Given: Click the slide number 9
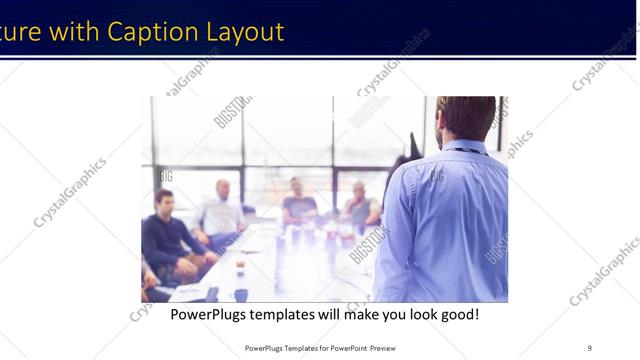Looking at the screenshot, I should point(589,347).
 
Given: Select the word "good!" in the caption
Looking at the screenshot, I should point(456,314).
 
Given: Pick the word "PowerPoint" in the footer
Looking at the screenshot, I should point(343,348).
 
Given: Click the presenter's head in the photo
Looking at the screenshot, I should point(465,117).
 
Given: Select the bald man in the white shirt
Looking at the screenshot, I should point(221,210).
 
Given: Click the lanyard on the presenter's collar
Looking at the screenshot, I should point(465,151).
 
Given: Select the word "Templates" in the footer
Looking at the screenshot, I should point(290,348).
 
